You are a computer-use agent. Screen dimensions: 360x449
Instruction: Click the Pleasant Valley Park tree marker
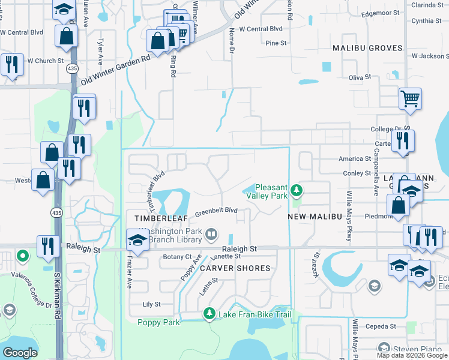point(296,191)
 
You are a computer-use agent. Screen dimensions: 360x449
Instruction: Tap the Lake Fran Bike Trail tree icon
point(209,314)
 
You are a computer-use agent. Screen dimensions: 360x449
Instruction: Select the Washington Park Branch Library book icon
point(211,234)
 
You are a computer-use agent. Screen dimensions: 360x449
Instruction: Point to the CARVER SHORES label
point(235,268)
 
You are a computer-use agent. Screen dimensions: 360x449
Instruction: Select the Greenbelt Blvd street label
point(216,211)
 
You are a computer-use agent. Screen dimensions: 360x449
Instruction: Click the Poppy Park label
point(158,322)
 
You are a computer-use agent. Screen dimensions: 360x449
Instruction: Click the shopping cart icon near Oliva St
point(410,98)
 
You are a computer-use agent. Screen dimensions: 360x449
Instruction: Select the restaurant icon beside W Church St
point(11,64)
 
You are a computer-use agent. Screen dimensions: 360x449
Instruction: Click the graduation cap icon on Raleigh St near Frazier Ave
point(137,241)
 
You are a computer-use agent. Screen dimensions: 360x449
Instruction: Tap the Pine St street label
point(276,43)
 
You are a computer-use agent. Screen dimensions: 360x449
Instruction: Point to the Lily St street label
point(152,304)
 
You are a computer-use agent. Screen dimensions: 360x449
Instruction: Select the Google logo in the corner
point(20,353)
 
